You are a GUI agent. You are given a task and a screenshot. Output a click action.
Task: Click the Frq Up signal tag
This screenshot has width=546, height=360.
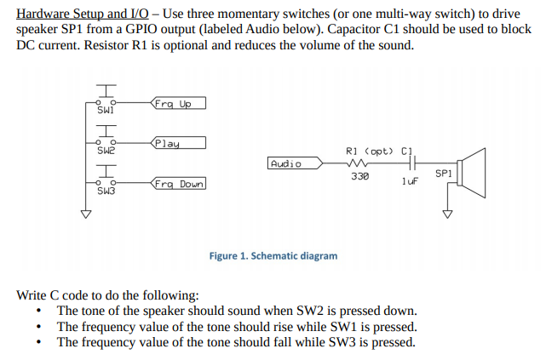point(178,104)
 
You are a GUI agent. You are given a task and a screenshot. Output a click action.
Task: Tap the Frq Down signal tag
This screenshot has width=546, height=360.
point(179,184)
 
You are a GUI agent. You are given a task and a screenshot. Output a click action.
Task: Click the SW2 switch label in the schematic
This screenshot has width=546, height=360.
point(105,151)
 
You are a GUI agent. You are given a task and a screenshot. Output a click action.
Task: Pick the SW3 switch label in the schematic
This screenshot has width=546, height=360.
point(105,191)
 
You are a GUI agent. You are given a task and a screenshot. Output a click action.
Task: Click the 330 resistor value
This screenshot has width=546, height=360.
point(359,177)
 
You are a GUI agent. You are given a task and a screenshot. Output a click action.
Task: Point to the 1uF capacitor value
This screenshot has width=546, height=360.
point(410,181)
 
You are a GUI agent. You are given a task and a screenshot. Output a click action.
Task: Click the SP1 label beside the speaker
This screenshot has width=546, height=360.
point(443,173)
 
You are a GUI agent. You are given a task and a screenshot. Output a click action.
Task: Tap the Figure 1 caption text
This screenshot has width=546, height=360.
point(273,255)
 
